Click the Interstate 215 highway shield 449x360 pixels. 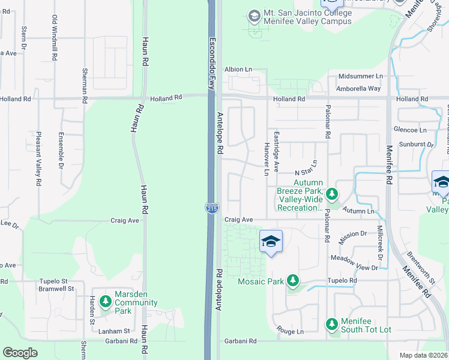212,208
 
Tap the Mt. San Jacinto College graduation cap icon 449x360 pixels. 254,15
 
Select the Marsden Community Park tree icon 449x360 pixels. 106,300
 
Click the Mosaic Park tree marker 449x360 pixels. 292,280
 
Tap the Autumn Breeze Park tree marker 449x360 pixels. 332,193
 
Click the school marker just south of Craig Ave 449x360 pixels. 271,242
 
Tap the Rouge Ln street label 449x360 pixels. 291,331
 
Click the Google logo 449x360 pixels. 20,353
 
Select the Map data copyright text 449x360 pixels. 424,355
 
